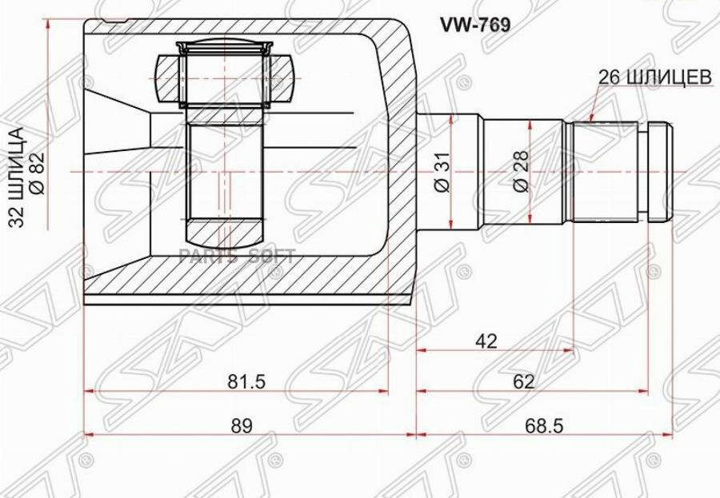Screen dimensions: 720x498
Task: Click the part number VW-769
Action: pos(475,26)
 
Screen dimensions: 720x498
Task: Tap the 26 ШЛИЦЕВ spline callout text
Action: pos(654,77)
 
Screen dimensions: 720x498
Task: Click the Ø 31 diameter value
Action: pos(443,171)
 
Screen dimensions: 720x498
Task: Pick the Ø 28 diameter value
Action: pos(521,171)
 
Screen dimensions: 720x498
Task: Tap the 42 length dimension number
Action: pos(486,341)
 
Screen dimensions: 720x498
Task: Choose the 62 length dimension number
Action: pos(523,381)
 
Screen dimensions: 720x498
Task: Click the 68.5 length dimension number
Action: pos(545,426)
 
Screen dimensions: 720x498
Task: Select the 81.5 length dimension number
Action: pos(247,381)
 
